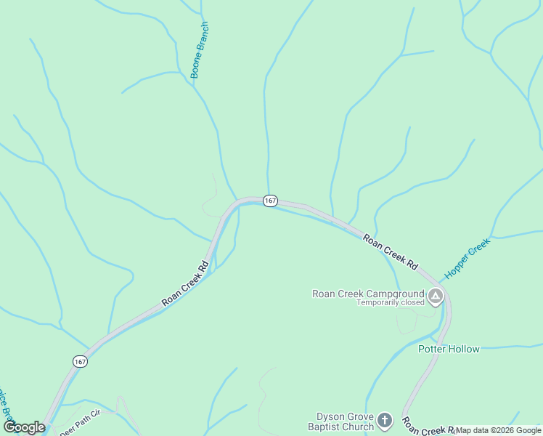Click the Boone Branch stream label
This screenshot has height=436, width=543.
point(200,50)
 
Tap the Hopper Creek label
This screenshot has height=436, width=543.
point(468,259)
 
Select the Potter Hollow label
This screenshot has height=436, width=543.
point(449,349)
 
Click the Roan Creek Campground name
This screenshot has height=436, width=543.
point(368,294)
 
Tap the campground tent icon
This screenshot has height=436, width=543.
point(436,296)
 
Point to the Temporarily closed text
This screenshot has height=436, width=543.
point(390,303)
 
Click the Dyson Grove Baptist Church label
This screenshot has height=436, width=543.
point(345,421)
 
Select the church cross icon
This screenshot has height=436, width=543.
point(385,420)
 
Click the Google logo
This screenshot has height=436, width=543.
point(24,427)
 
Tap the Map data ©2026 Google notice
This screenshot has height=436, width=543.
point(498,430)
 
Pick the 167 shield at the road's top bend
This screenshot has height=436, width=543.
point(270,201)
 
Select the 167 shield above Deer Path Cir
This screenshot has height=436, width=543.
point(80,361)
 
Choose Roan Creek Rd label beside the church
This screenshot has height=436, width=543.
point(428,427)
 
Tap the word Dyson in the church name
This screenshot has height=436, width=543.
point(330,417)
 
